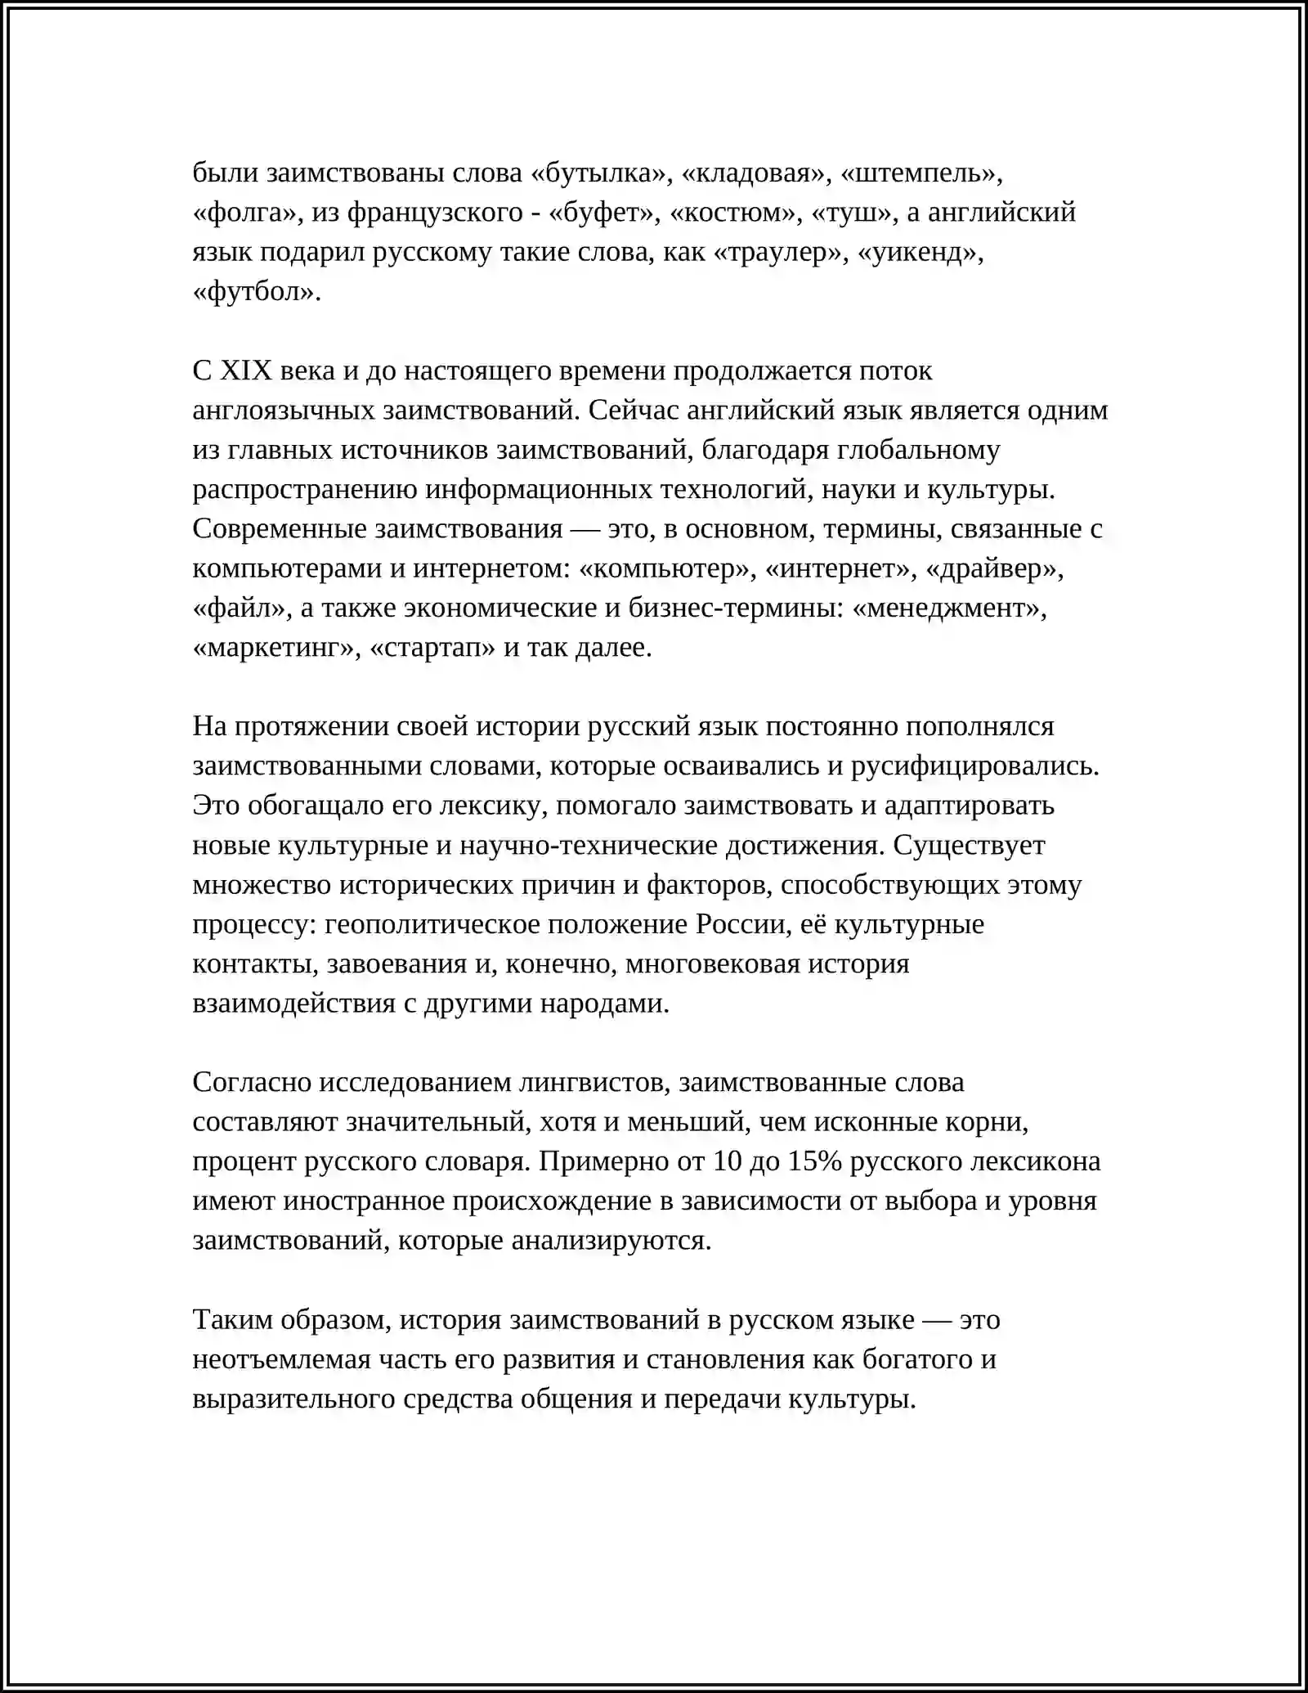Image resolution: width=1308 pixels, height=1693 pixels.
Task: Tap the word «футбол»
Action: click(x=254, y=292)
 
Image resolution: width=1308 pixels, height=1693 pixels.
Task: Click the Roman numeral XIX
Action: click(x=245, y=371)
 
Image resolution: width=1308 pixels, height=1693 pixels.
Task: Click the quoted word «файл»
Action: click(x=241, y=608)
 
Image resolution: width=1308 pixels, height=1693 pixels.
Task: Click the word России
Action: click(x=740, y=925)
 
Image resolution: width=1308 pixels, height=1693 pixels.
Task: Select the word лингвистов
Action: click(x=594, y=1083)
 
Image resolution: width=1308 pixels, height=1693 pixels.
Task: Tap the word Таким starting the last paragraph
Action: click(x=232, y=1320)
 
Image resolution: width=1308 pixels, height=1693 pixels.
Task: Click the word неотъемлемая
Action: click(x=281, y=1359)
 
